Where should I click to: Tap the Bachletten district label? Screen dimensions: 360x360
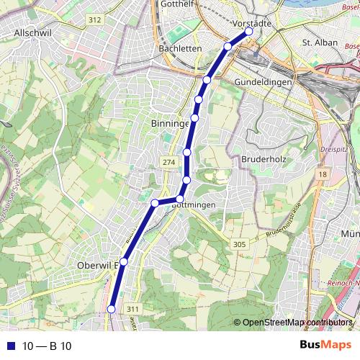pyautogui.click(x=179, y=48)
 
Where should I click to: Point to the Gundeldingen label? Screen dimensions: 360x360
pyautogui.click(x=263, y=83)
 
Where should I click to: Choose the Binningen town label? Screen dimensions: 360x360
pyautogui.click(x=171, y=124)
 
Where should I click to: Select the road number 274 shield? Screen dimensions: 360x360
pyautogui.click(x=168, y=163)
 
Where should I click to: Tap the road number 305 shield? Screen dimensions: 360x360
pyautogui.click(x=240, y=245)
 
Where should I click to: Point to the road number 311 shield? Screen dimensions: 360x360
pyautogui.click(x=132, y=309)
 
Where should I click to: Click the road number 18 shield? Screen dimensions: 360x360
pyautogui.click(x=322, y=174)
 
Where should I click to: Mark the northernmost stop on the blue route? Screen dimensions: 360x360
pyautogui.click(x=249, y=32)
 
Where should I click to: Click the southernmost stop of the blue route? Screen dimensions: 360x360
pyautogui.click(x=112, y=309)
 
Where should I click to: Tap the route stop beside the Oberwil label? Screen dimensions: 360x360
pyautogui.click(x=124, y=261)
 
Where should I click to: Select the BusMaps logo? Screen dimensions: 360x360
pyautogui.click(x=325, y=346)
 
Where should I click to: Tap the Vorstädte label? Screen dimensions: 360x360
pyautogui.click(x=253, y=23)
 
